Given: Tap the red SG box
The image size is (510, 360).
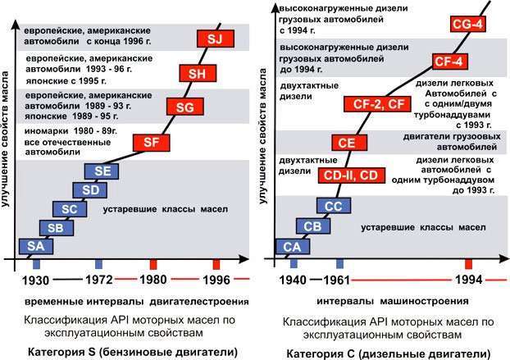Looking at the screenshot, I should [x=180, y=107].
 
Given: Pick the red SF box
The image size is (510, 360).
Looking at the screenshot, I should [x=150, y=144].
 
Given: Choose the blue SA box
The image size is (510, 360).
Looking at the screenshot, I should [x=34, y=246].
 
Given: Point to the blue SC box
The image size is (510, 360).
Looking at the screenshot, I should [x=69, y=209].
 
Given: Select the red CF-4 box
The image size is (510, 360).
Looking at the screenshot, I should [x=450, y=60].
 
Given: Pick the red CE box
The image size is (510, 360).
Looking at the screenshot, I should [x=346, y=143].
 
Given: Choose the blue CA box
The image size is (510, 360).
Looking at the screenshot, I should [x=292, y=246].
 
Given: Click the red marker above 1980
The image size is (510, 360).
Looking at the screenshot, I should [x=153, y=264].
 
